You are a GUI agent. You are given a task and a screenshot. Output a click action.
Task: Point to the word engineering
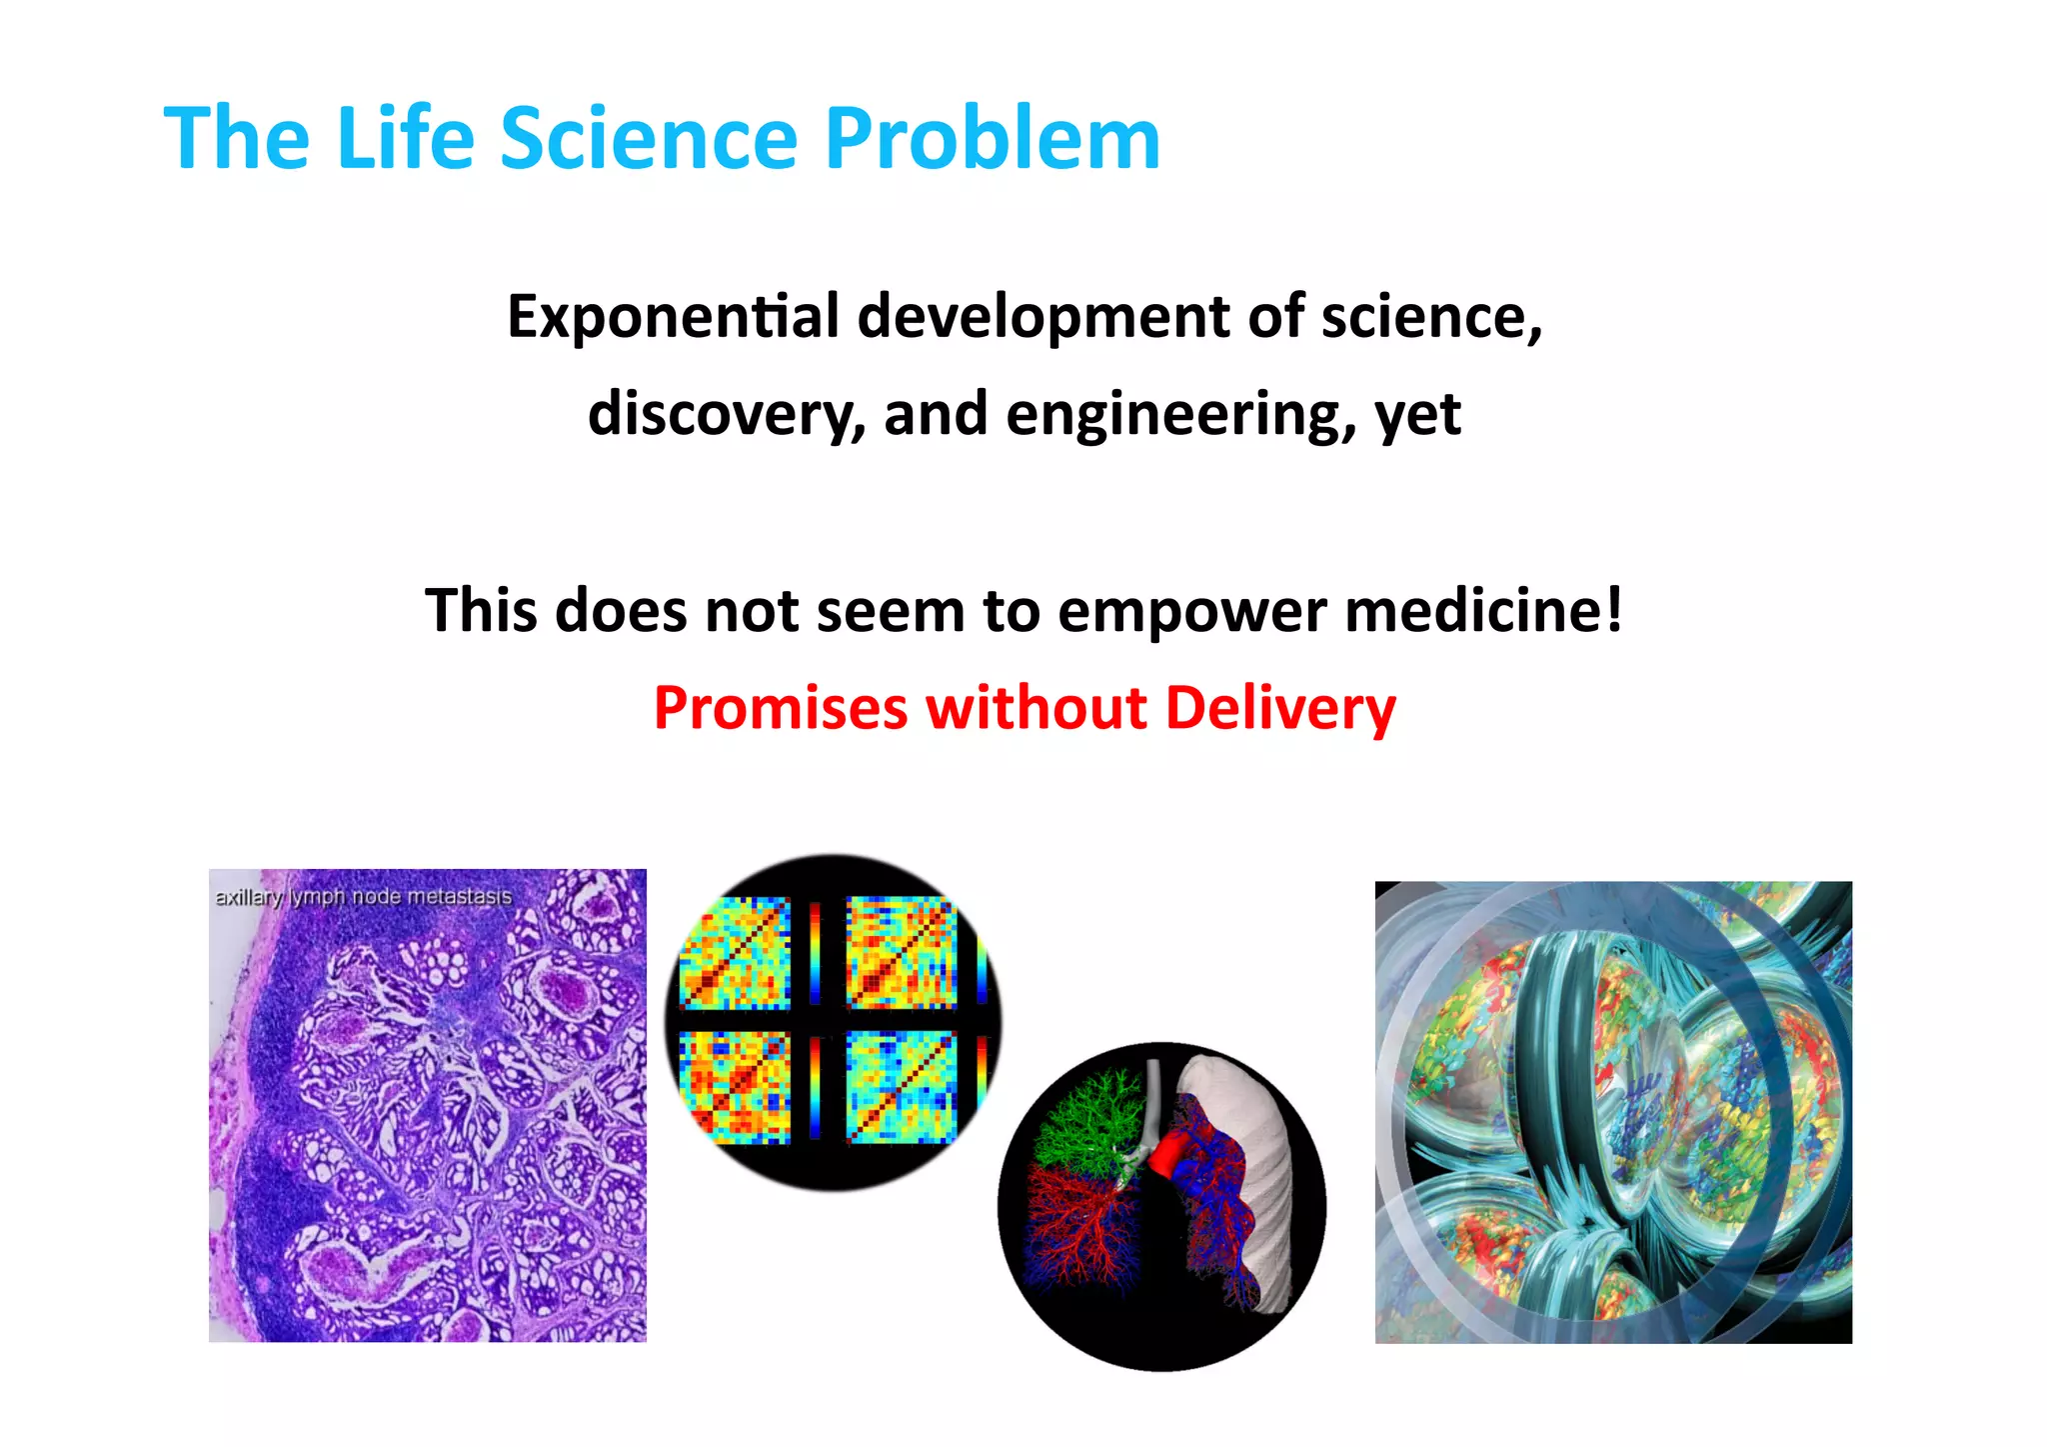[x=1180, y=414]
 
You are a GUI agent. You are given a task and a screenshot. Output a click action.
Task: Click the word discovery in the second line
[x=726, y=414]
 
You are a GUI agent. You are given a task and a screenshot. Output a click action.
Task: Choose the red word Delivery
[x=1280, y=708]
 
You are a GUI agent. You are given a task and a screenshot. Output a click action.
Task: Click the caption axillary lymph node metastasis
[x=363, y=897]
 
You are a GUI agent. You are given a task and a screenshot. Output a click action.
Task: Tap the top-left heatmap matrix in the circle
[x=735, y=952]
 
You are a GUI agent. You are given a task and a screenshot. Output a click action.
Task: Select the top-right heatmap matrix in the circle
[x=901, y=952]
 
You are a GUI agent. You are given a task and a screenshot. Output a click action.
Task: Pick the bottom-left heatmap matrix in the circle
[x=735, y=1088]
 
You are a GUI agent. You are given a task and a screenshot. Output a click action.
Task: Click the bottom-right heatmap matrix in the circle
[x=901, y=1088]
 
